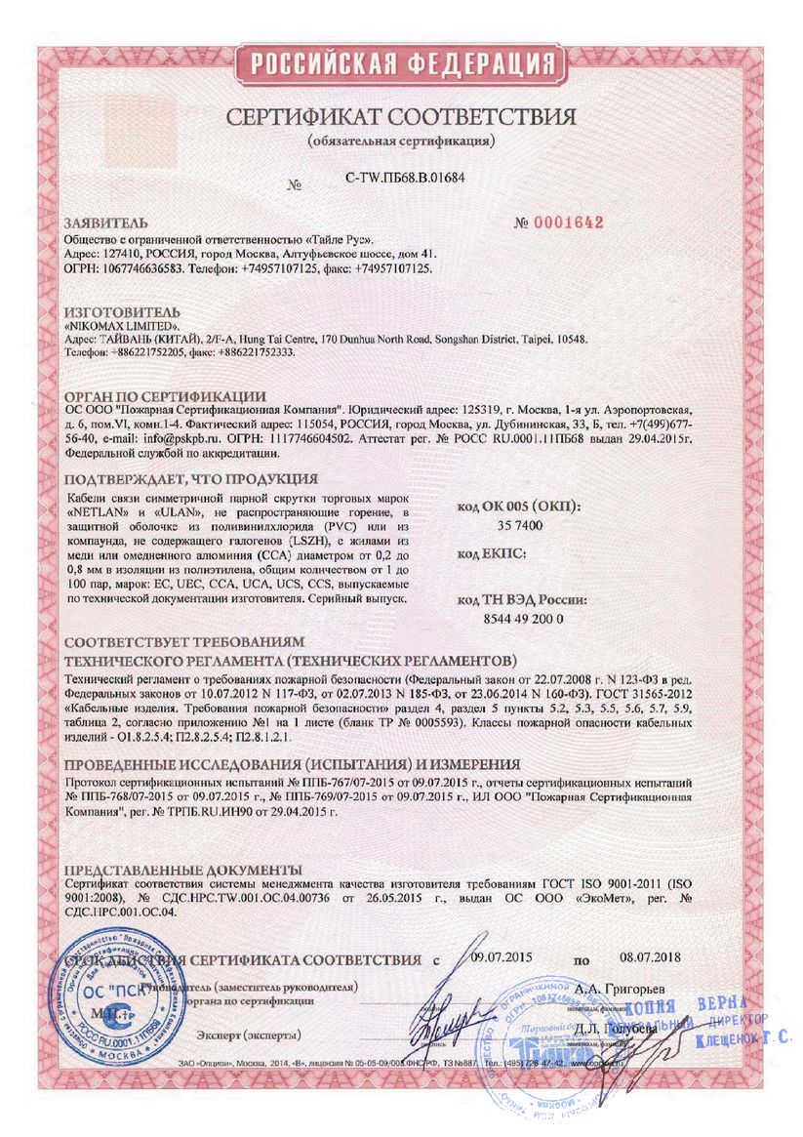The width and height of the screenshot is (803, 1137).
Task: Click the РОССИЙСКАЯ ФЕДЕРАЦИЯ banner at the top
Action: [x=402, y=65]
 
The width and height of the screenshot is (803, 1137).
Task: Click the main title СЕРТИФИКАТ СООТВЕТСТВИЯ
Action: [x=401, y=118]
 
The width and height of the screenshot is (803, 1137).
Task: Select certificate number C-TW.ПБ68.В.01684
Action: [x=405, y=179]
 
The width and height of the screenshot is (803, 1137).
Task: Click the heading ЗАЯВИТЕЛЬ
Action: [x=105, y=223]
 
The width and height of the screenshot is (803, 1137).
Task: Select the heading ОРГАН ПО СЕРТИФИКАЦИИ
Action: [x=165, y=396]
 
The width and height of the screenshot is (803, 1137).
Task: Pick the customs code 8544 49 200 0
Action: [x=523, y=619]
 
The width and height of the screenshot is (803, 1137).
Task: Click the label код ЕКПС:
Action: [x=492, y=553]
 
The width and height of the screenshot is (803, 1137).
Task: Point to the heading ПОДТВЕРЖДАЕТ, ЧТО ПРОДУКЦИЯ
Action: [x=190, y=478]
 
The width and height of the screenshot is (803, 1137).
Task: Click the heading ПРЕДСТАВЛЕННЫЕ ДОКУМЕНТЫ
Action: [x=182, y=870]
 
